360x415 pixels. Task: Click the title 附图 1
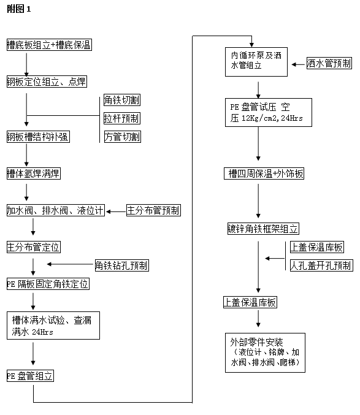[x=19, y=9]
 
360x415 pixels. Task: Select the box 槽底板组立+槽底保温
[x=49, y=45]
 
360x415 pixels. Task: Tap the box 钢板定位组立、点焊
[x=47, y=82]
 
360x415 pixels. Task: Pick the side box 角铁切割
[x=122, y=100]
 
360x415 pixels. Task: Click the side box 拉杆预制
[x=122, y=118]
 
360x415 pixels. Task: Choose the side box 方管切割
[x=122, y=137]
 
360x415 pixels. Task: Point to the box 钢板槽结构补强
[x=38, y=137]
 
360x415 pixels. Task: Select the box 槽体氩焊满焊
[x=34, y=173]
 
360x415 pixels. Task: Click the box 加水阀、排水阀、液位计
[x=56, y=210]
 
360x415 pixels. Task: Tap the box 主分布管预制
[x=153, y=210]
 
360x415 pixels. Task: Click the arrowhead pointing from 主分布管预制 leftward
[x=108, y=211]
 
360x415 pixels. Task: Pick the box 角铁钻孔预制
[x=122, y=265]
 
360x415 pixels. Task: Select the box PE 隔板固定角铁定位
[x=48, y=284]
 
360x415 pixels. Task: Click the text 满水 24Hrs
[x=33, y=332]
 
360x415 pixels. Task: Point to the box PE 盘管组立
[x=30, y=376]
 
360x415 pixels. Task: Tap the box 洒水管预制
[x=329, y=63]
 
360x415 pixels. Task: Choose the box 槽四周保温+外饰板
[x=264, y=173]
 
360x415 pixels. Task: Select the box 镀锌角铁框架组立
[x=263, y=229]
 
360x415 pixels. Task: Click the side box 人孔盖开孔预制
[x=321, y=265]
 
